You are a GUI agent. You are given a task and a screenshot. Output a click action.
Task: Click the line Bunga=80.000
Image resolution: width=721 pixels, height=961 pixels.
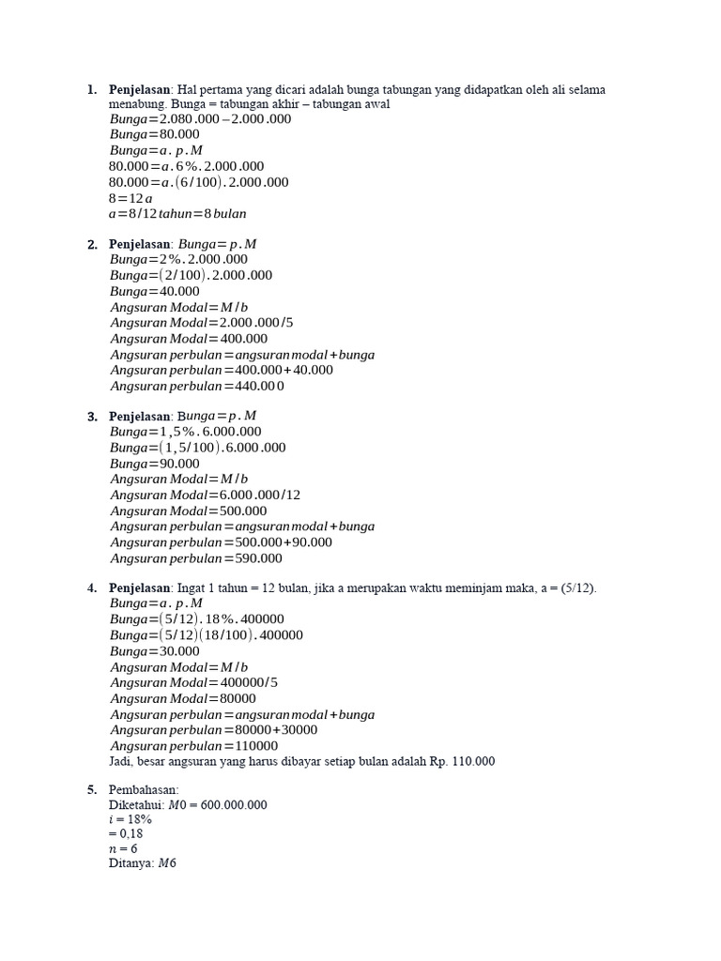point(154,135)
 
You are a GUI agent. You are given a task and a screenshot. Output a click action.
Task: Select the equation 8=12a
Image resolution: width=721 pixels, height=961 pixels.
point(130,198)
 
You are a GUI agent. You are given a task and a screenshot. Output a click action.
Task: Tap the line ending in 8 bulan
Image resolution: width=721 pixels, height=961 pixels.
point(177,214)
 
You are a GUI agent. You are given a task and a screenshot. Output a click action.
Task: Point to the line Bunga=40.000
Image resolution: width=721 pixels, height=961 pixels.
point(155,292)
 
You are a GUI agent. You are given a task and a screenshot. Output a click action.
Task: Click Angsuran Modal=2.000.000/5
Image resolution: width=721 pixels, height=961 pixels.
point(202,323)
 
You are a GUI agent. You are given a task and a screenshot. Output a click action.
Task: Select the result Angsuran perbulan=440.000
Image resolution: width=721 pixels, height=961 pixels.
point(197,386)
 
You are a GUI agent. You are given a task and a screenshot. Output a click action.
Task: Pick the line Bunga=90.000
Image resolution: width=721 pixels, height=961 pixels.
point(155,464)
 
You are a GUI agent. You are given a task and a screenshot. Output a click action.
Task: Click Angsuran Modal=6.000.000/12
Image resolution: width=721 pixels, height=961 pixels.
point(206,495)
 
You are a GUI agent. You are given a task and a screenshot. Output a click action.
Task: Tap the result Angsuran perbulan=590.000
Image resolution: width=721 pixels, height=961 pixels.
point(196,558)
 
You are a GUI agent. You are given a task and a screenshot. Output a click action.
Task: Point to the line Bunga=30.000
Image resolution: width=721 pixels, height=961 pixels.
point(155,651)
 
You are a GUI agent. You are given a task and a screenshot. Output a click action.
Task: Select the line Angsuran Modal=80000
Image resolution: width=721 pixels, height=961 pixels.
point(183,698)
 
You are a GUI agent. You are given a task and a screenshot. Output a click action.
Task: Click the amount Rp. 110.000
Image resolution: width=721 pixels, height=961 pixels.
point(462,761)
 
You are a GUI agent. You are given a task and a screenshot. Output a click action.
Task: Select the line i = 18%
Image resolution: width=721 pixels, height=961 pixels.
point(130,819)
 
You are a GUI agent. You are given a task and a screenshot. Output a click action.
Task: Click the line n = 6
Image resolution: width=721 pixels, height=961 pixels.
point(123,848)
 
